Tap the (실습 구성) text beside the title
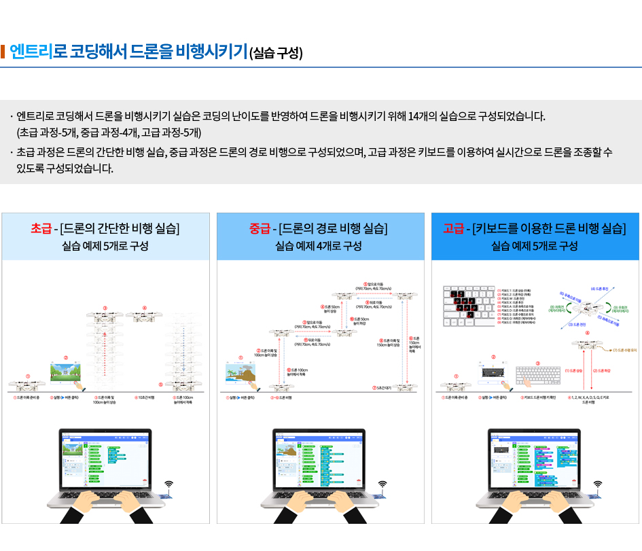tap(276, 54)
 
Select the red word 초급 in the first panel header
tap(42, 228)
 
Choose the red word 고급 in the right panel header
tap(454, 228)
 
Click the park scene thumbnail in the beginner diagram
tap(66, 372)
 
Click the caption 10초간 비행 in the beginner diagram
tap(145, 397)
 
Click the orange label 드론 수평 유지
tap(626, 351)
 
